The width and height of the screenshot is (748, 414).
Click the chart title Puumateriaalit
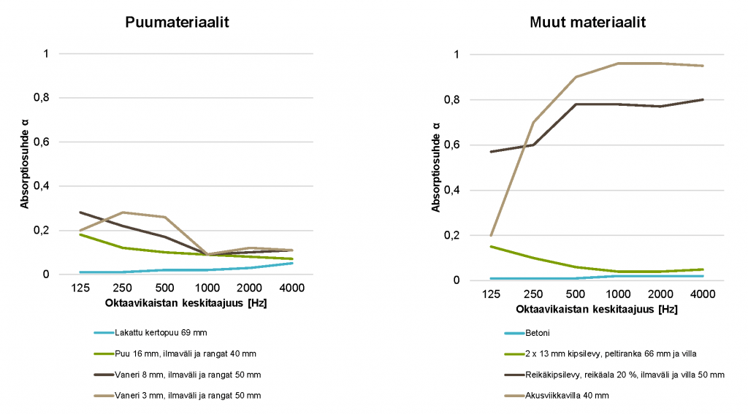point(178,23)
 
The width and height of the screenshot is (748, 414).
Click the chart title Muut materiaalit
point(587,23)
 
